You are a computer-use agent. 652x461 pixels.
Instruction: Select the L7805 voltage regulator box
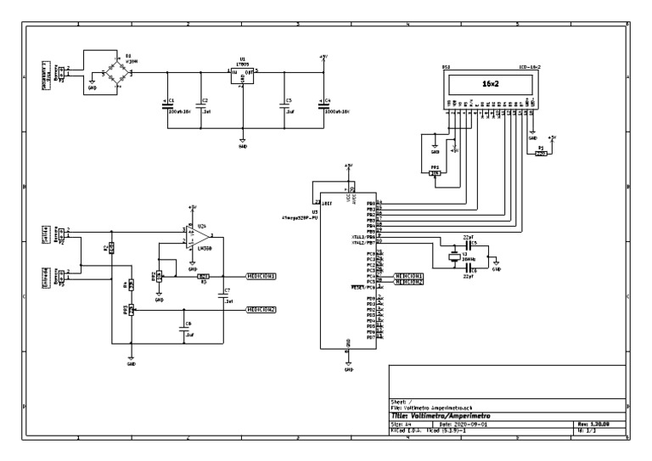coord(243,74)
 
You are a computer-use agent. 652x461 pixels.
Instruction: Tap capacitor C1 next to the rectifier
coord(168,104)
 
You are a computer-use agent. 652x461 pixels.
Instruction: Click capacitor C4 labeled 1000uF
coord(322,104)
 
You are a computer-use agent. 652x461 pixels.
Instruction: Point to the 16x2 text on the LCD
coord(488,86)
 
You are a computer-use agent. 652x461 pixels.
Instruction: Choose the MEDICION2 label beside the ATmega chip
coord(408,282)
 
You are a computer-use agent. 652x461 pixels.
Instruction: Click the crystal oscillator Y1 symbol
coord(455,256)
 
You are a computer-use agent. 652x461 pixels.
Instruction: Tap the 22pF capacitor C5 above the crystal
coord(468,245)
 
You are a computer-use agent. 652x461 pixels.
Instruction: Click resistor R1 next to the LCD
coord(541,154)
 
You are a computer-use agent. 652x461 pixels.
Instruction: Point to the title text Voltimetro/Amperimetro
coord(451,416)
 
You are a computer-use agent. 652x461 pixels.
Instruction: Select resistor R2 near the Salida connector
coord(111,248)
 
